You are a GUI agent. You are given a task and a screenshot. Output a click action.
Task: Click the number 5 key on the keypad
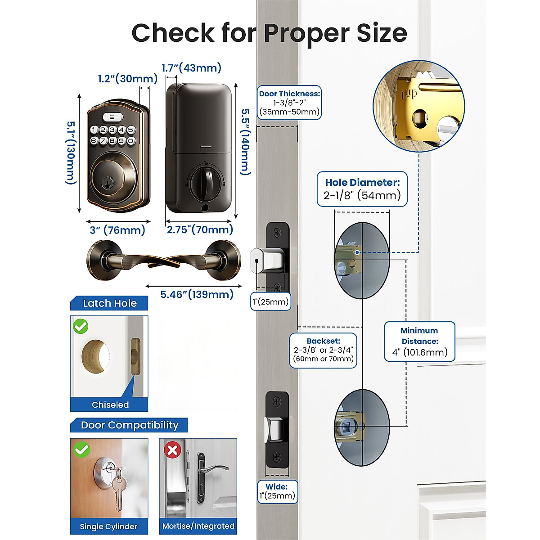[x=131, y=130]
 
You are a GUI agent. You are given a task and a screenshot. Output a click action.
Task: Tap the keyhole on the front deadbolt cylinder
[x=107, y=183]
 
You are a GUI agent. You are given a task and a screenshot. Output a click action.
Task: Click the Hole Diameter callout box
[x=362, y=189]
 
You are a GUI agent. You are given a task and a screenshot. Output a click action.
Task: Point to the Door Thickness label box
[x=289, y=103]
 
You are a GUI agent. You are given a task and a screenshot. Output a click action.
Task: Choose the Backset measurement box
[x=323, y=350]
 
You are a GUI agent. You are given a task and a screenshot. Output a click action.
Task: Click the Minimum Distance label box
[x=419, y=342]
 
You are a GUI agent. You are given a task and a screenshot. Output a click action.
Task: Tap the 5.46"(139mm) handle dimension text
[x=197, y=295]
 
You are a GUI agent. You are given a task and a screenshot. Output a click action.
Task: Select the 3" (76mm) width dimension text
[x=117, y=230]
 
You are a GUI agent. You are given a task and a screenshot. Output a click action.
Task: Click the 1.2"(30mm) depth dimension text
[x=128, y=79]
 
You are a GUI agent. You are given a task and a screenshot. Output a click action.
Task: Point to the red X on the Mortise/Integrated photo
[x=172, y=450]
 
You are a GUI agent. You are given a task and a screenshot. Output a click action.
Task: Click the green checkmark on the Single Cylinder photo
[x=82, y=449]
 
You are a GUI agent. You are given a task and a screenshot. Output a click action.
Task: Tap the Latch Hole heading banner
[x=109, y=303]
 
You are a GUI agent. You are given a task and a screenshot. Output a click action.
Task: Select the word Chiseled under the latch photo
[x=110, y=405]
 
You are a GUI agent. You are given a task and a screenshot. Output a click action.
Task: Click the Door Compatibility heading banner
[x=129, y=425]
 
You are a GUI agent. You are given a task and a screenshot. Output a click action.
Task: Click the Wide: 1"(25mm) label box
[x=277, y=491]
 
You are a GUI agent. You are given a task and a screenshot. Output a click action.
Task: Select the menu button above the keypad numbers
[x=112, y=117]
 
